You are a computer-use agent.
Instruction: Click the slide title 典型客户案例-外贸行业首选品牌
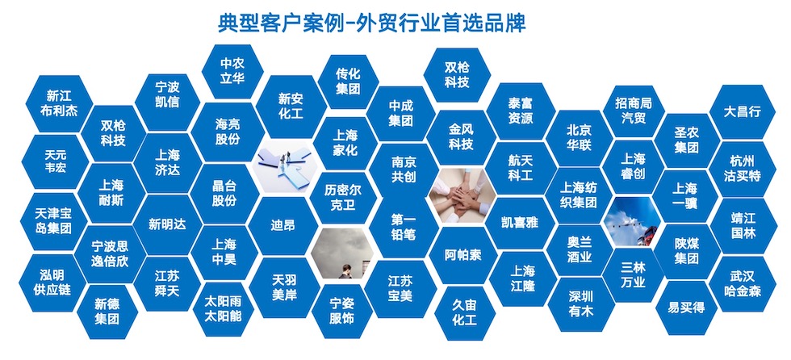point(372,23)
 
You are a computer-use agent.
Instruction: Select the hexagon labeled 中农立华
point(232,72)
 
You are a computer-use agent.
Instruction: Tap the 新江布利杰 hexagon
point(59,103)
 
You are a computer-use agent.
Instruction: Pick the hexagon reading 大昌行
point(742,111)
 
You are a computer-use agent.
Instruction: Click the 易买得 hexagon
point(686,308)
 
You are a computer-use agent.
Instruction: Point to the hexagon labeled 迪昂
point(283,225)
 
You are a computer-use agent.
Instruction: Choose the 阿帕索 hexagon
point(463,255)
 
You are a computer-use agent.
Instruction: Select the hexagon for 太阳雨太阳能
point(223,309)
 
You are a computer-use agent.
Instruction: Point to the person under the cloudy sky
point(345,272)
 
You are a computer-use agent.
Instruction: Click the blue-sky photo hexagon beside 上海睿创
point(633,222)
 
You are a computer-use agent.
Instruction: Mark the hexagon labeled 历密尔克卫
point(343,196)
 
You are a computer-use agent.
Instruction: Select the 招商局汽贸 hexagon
point(633,111)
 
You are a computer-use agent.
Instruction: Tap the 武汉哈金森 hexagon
point(742,284)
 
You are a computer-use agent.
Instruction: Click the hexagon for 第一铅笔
point(403,228)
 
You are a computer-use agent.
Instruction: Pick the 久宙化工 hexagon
point(465,312)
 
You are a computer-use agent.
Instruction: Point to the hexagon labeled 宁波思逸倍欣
point(110,254)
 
